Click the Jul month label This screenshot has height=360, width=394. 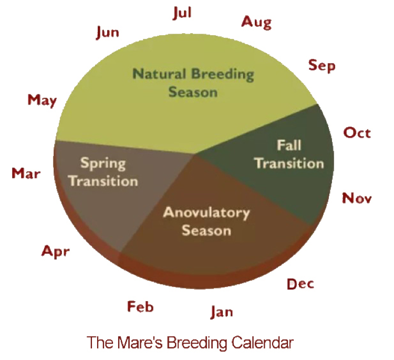(182, 13)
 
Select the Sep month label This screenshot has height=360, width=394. (322, 65)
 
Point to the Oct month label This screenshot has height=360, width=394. (357, 132)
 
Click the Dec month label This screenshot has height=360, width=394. (300, 284)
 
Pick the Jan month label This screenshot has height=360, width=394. (222, 312)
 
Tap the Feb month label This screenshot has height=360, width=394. (140, 306)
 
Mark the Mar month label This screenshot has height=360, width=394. (26, 173)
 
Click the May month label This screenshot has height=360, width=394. (42, 100)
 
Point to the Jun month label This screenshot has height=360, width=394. (108, 33)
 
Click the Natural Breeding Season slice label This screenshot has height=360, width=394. (193, 83)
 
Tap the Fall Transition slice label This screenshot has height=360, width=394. (289, 154)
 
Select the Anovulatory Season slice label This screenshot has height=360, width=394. (206, 221)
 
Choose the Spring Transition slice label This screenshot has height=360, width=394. (103, 172)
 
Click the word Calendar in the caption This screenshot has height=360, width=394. (261, 343)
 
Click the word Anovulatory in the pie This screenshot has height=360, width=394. (206, 213)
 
